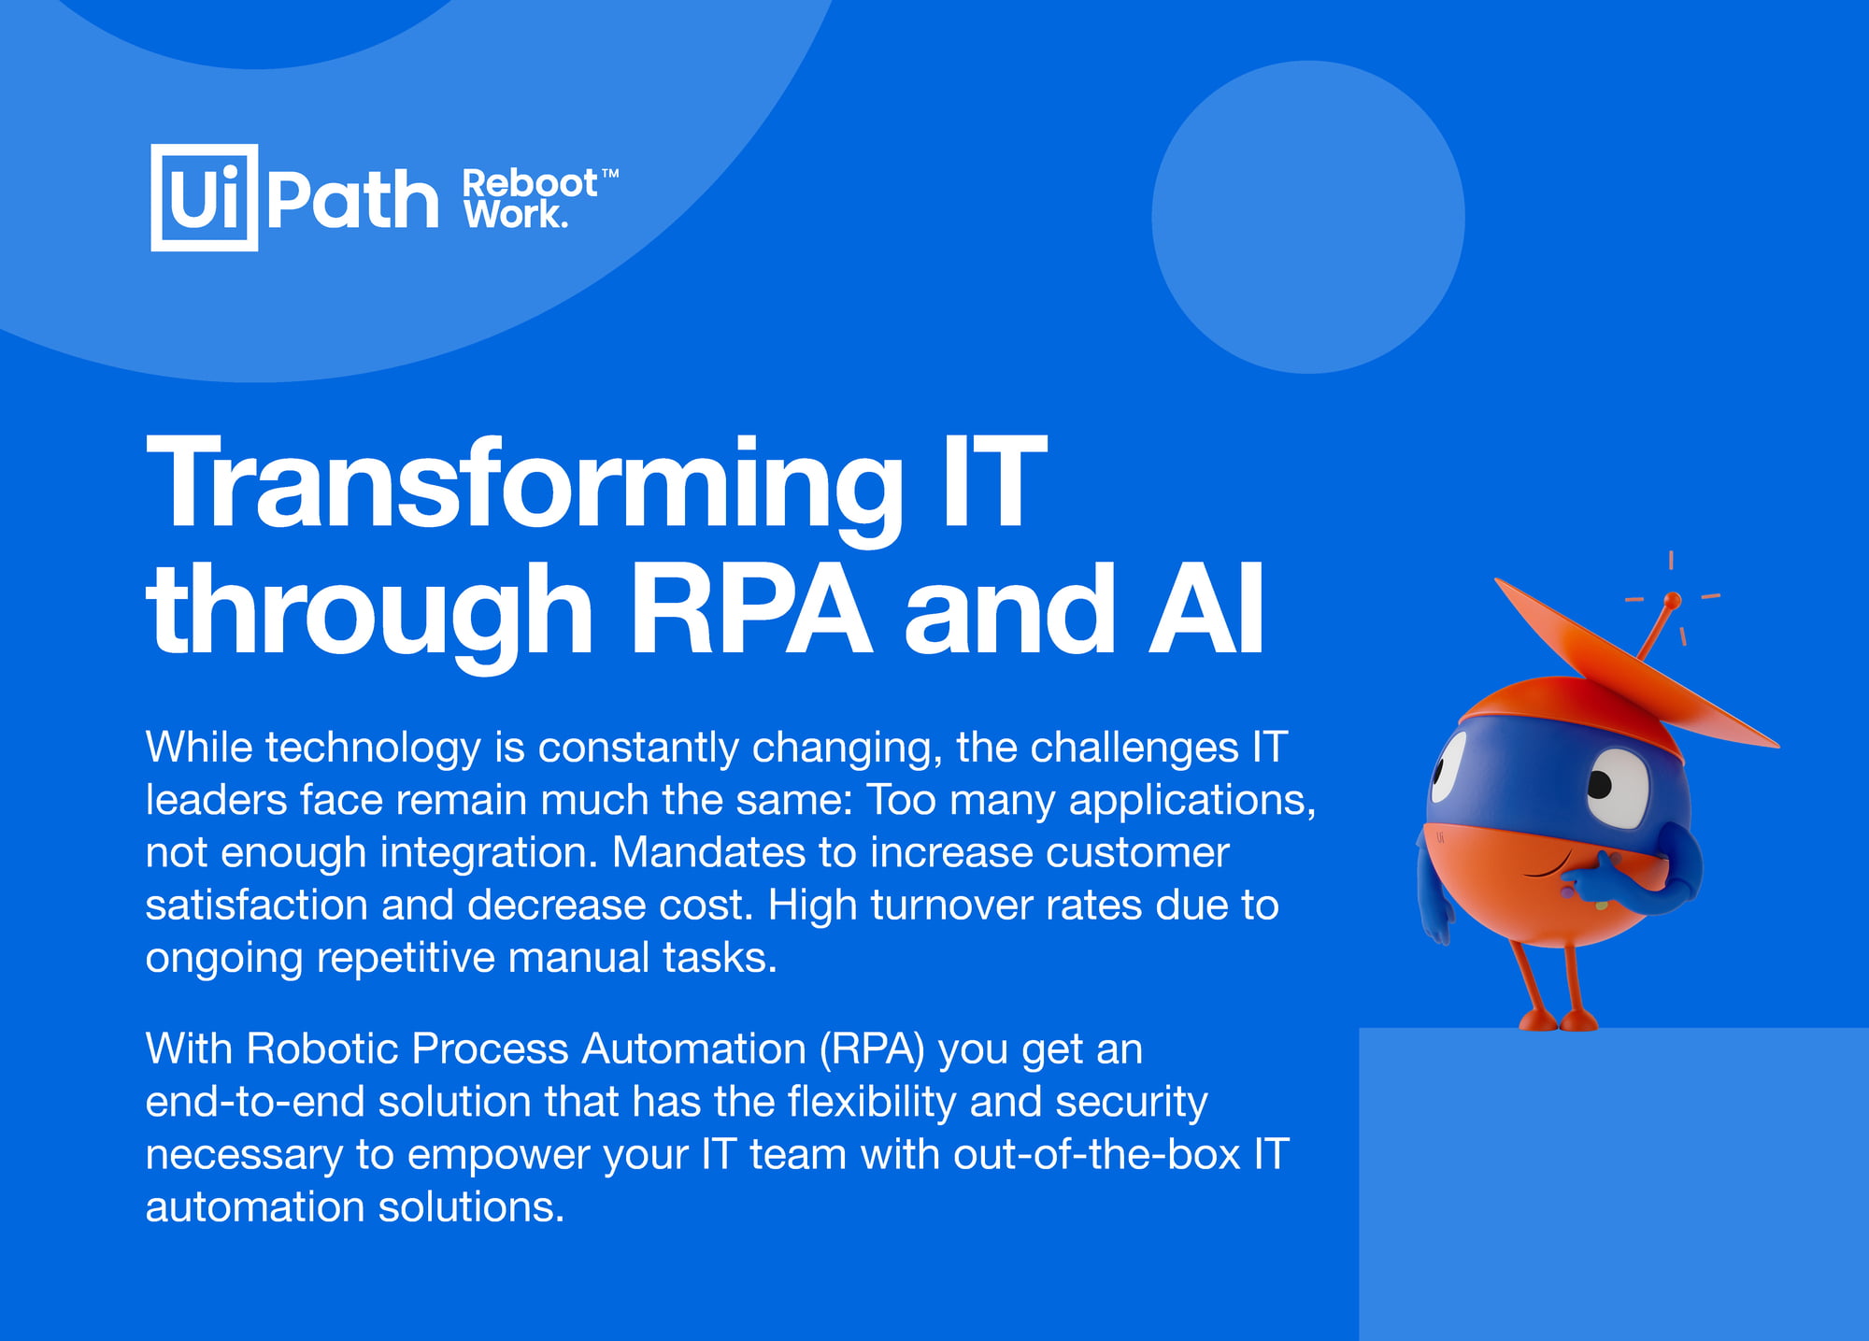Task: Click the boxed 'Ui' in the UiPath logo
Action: pyautogui.click(x=204, y=197)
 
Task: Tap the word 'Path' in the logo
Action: pyautogui.click(x=352, y=199)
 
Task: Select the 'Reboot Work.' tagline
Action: pyautogui.click(x=540, y=198)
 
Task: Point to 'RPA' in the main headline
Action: pyautogui.click(x=751, y=609)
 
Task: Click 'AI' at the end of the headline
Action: pyautogui.click(x=1206, y=609)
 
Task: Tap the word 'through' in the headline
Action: pyautogui.click(x=370, y=617)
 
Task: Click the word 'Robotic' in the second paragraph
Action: pyautogui.click(x=322, y=1049)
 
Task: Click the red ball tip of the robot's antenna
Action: pyautogui.click(x=1673, y=600)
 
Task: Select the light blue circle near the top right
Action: pyautogui.click(x=1308, y=218)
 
